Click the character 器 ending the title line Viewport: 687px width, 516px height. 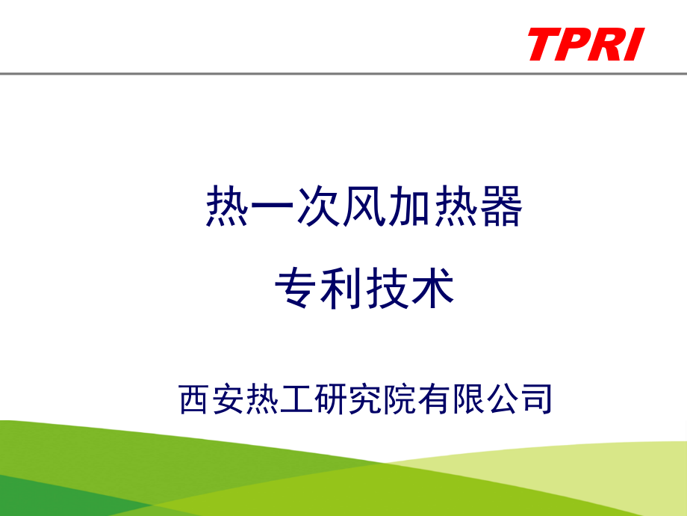500,209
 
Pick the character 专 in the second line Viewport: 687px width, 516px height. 296,289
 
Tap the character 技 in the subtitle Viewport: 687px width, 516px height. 388,289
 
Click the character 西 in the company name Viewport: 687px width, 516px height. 196,399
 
